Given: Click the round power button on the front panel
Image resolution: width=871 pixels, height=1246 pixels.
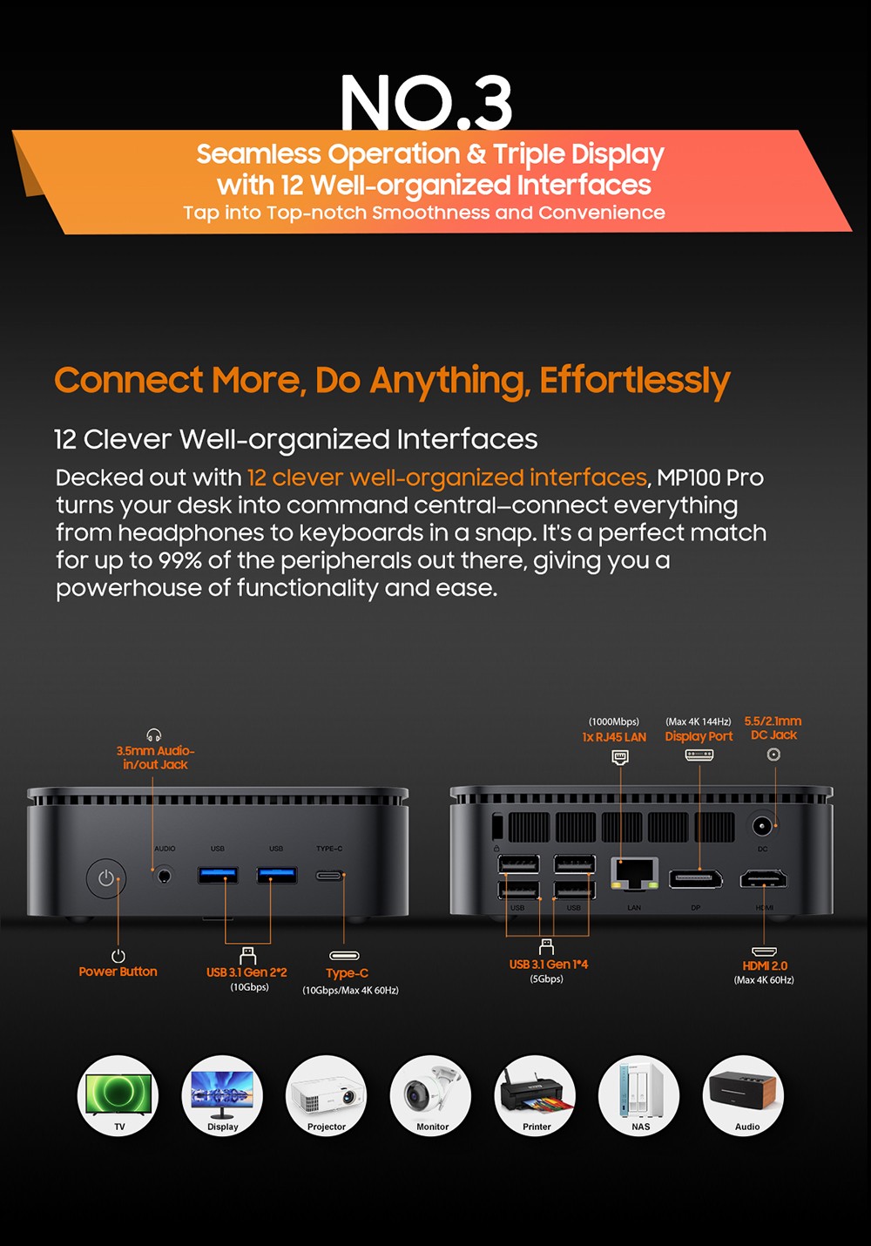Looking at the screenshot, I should [x=106, y=878].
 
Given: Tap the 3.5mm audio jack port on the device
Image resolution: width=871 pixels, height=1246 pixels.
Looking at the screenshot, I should [x=163, y=875].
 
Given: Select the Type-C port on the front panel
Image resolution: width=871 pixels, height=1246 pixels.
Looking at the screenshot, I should [x=329, y=875].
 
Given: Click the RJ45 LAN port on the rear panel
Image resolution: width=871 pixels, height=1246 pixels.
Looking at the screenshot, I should [x=635, y=872].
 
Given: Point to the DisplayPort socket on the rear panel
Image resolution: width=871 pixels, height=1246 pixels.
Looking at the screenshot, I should [x=695, y=878].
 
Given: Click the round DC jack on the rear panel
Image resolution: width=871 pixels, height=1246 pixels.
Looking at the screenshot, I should [x=763, y=825].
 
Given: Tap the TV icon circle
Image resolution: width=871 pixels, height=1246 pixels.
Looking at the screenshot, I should [x=118, y=1095].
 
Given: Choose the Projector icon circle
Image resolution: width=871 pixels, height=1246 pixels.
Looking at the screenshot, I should [x=327, y=1095].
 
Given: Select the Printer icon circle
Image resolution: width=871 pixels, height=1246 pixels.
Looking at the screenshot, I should [x=536, y=1095].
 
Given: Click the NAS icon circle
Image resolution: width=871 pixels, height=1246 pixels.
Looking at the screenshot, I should [x=639, y=1095].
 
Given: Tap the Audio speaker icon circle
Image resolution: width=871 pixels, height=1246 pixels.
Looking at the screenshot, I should [x=744, y=1095].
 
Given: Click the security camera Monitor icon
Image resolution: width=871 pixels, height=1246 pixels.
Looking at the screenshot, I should [x=431, y=1095].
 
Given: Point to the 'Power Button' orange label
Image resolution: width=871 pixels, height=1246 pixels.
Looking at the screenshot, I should [x=118, y=972].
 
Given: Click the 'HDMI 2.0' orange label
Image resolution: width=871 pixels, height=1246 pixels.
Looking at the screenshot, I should [x=765, y=965].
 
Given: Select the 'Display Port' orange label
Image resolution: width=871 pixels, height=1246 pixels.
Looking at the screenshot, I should [x=699, y=736].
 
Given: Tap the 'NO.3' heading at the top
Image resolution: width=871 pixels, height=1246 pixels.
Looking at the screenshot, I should [x=426, y=103].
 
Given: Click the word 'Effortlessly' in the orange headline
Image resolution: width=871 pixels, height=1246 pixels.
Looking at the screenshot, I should [x=634, y=381].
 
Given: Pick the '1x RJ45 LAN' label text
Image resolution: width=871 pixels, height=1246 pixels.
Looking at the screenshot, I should [x=614, y=737].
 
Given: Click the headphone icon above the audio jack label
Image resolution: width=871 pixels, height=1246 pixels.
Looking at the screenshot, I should [x=154, y=735].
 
